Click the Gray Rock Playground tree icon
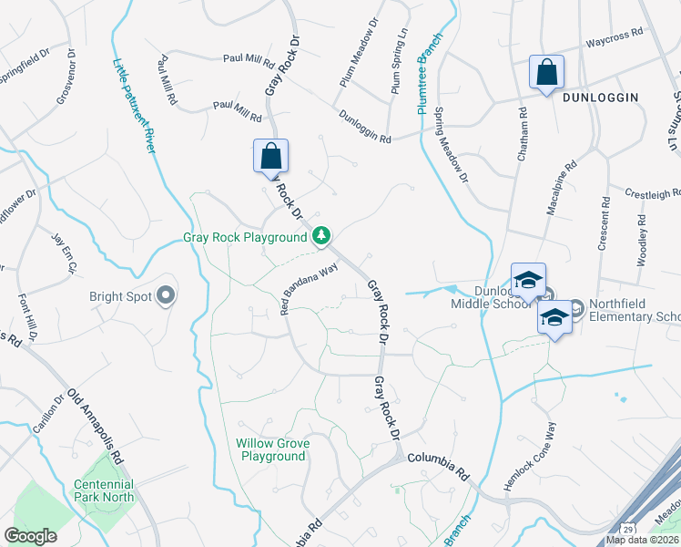pos(321,237)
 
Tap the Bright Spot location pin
pos(165,295)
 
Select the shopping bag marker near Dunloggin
pos(546,73)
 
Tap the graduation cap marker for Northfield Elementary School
pos(554,319)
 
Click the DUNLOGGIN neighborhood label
pos(600,97)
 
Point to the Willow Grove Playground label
pos(273,449)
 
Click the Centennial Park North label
pos(104,490)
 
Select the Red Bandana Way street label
pos(310,288)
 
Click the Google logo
pos(31,536)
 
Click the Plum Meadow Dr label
pos(358,54)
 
